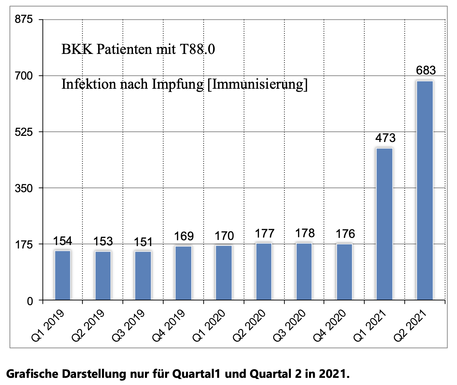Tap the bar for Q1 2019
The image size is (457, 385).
point(62,275)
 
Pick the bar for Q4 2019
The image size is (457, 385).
point(183,273)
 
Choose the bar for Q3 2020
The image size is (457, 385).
point(304,272)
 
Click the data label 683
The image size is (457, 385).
point(426,70)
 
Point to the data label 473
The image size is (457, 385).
point(385,138)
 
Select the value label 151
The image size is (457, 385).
point(143,242)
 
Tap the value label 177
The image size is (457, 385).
point(264,233)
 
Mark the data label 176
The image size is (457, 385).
point(345,234)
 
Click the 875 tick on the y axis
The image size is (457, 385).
point(24,19)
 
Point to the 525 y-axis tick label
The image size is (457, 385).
point(24,132)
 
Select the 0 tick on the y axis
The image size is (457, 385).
point(30,301)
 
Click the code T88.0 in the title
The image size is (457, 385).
point(197,49)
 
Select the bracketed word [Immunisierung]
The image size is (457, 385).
point(257,84)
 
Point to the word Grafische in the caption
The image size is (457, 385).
point(32,374)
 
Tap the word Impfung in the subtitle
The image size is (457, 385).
point(178,84)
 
